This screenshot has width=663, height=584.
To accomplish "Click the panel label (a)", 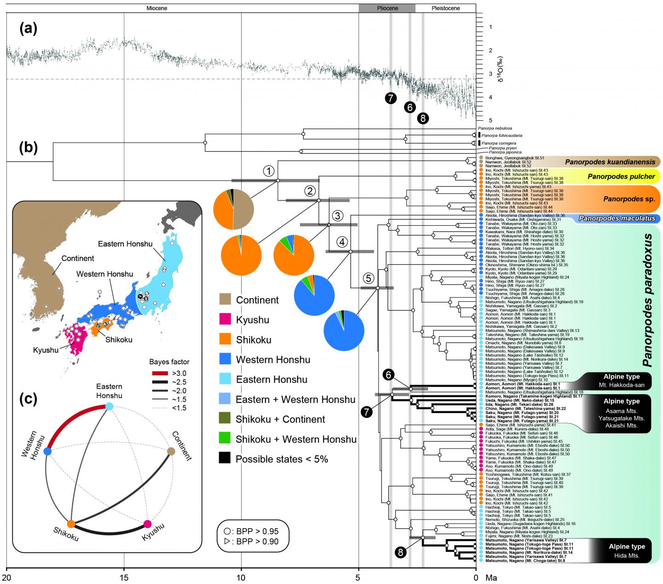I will [28, 29].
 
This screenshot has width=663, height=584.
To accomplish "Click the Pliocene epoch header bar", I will [387, 8].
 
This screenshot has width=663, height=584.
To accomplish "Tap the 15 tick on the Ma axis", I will [124, 576].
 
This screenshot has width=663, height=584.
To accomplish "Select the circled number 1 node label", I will [268, 171].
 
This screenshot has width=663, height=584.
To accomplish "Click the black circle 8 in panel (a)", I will [424, 118].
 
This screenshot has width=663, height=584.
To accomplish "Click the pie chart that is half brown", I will [233, 209].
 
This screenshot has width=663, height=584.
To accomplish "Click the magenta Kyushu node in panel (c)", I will [147, 524].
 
